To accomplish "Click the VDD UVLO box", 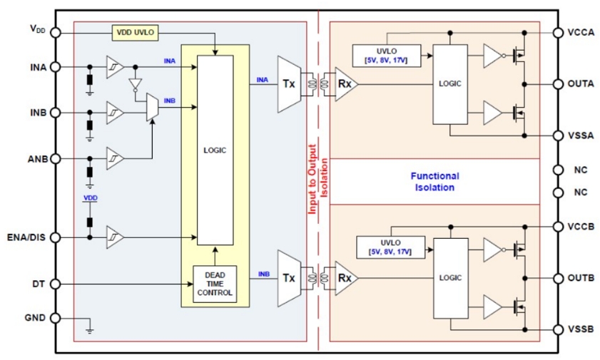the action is point(135,33).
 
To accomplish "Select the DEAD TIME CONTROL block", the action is point(215,284).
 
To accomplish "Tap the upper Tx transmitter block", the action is point(289,84).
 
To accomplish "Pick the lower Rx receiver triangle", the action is point(346,278).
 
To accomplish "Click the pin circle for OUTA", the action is point(559,84).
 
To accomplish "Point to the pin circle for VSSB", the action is point(559,329).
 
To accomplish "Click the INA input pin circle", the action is point(56,67).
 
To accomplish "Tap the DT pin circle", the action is point(56,284).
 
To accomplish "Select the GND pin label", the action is point(35,317).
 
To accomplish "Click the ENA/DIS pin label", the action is point(26,237).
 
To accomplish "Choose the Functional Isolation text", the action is point(434,182).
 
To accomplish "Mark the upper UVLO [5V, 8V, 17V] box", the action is point(387,56).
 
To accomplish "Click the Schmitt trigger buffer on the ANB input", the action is point(115,158).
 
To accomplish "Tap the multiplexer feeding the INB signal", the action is point(152,107).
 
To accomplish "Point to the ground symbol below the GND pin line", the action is point(90,331).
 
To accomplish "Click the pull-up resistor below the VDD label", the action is point(90,222).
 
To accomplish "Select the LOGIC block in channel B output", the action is point(450,278).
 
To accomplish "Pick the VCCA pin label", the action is point(581,33).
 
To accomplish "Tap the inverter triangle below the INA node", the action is point(135,84).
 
